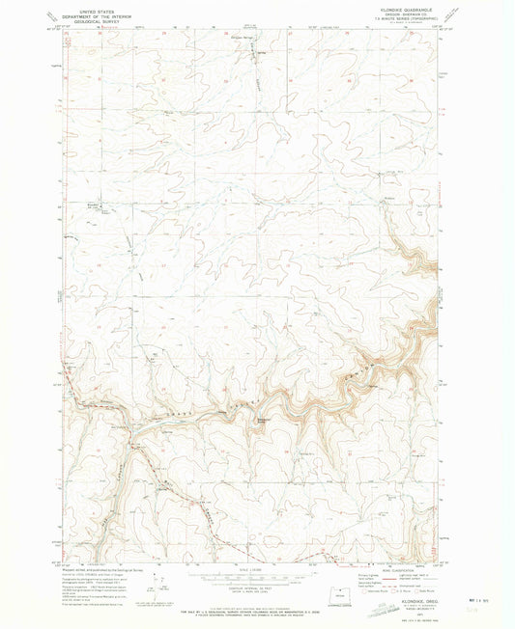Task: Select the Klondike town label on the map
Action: [94, 205]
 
